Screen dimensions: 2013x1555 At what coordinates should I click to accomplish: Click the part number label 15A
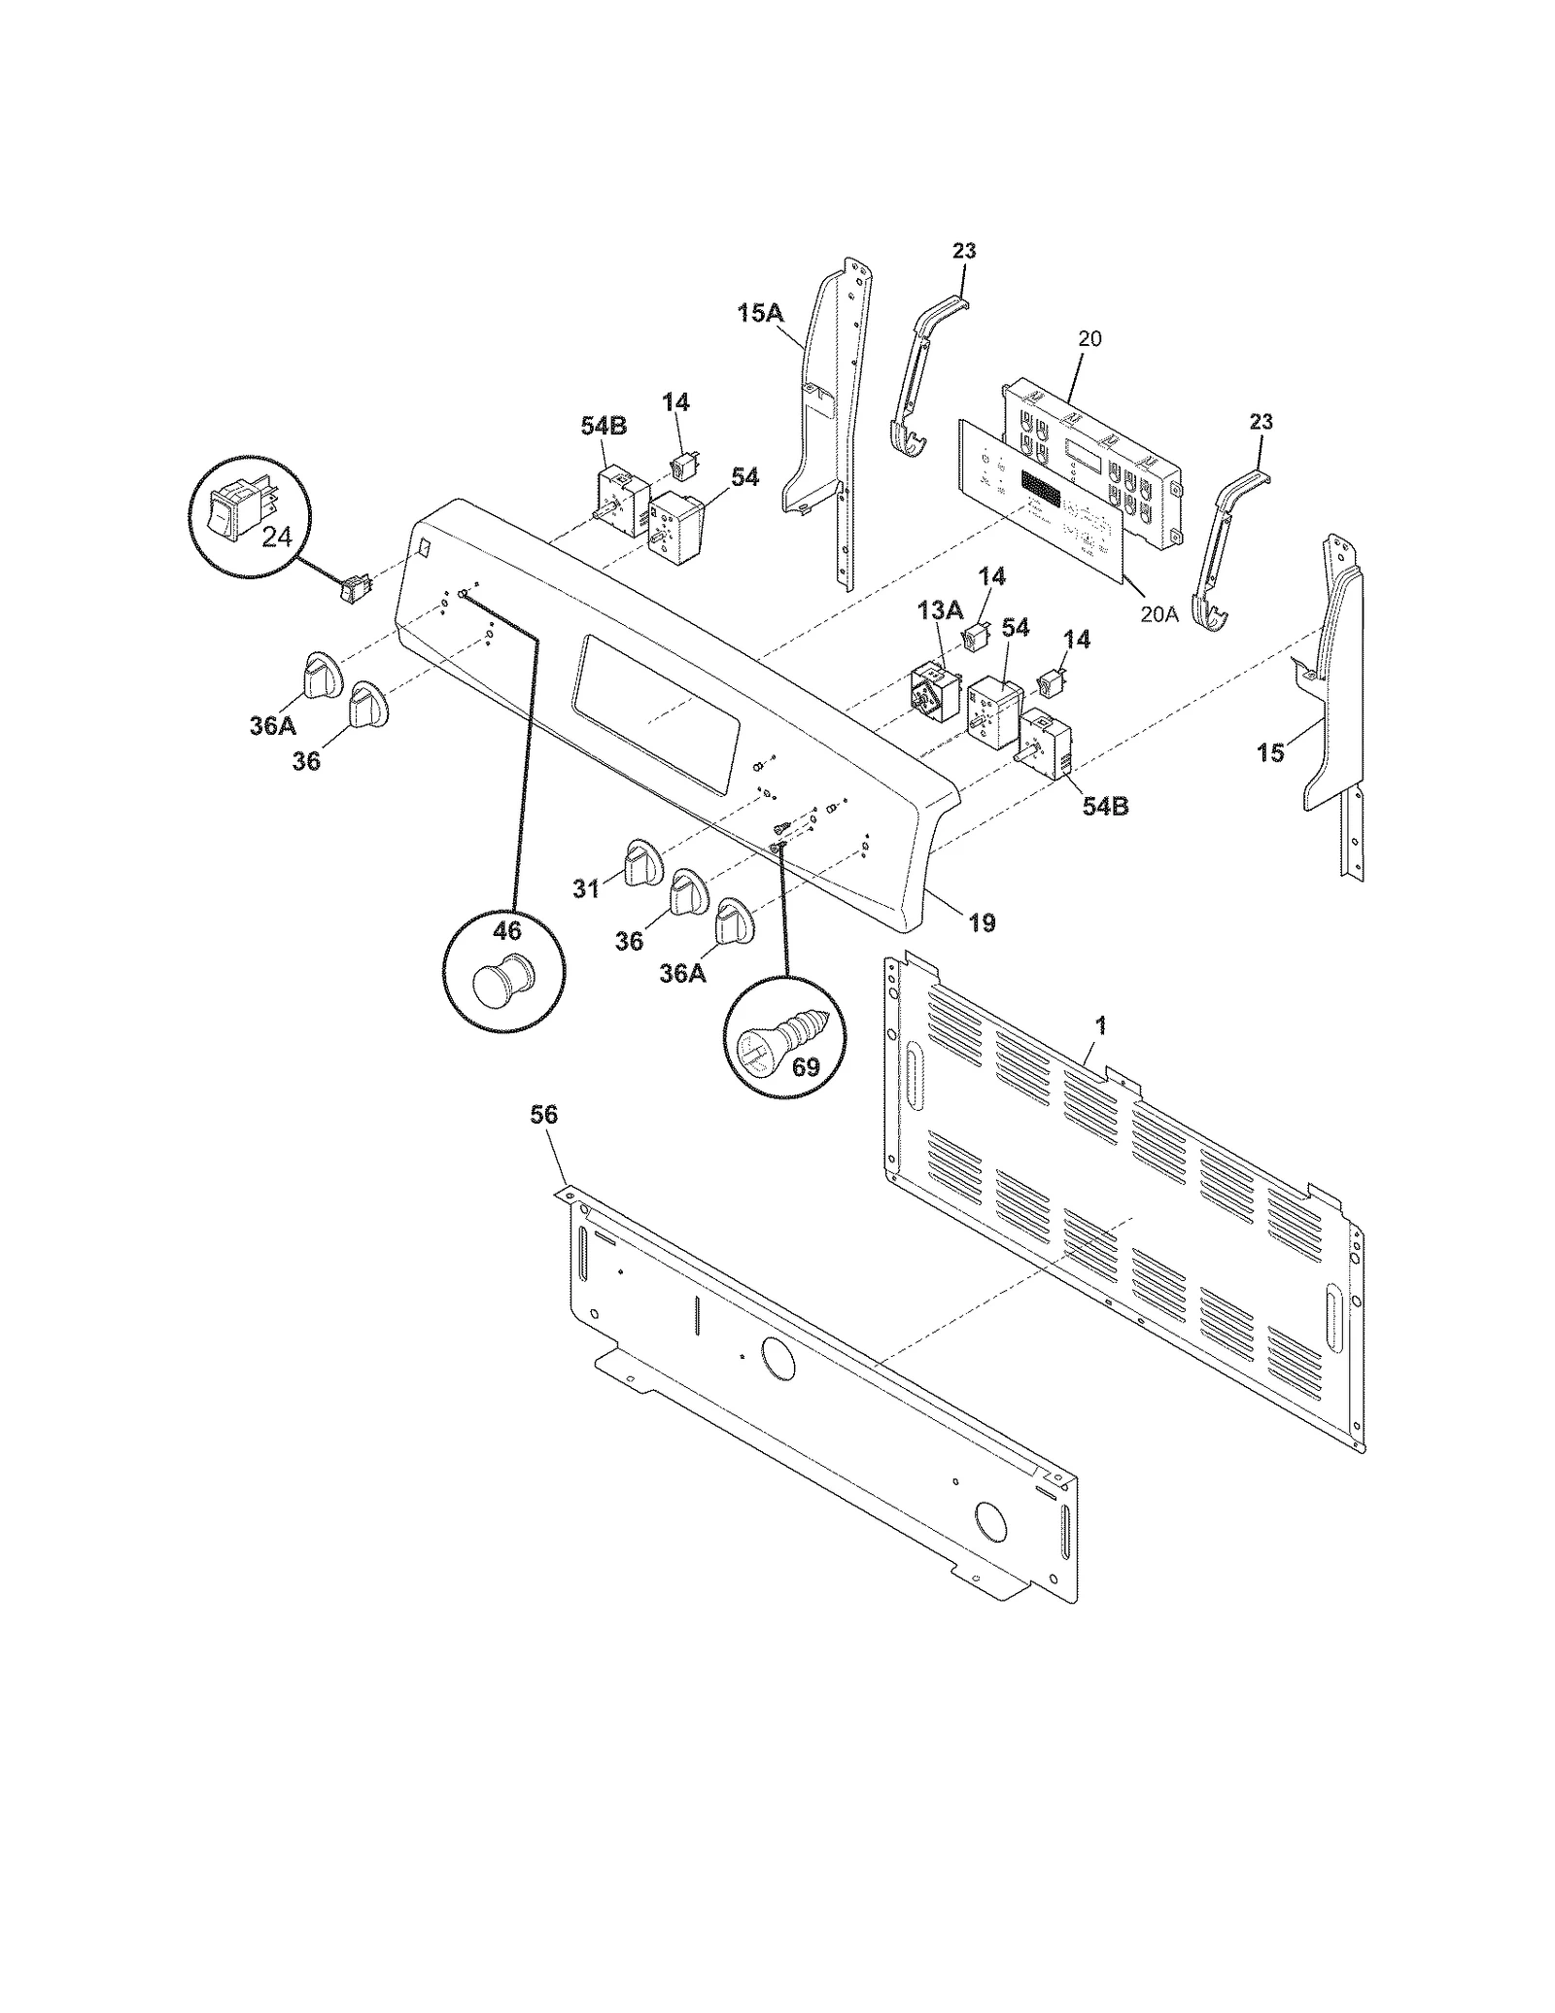pyautogui.click(x=759, y=314)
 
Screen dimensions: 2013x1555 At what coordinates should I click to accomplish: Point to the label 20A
pyautogui.click(x=1158, y=614)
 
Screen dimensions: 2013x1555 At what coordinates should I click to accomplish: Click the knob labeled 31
pyautogui.click(x=640, y=859)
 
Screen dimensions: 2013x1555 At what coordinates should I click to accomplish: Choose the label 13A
pyautogui.click(x=939, y=611)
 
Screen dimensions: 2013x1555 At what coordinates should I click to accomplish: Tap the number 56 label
pyautogui.click(x=544, y=1115)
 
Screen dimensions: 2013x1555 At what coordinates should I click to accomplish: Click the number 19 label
pyautogui.click(x=983, y=922)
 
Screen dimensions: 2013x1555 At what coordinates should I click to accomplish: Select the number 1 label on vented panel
pyautogui.click(x=1100, y=1024)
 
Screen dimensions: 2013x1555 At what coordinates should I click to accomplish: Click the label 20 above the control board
pyautogui.click(x=1089, y=339)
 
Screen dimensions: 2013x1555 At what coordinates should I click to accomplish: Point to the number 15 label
pyautogui.click(x=1270, y=752)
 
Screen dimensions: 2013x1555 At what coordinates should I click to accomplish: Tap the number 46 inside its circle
pyautogui.click(x=507, y=930)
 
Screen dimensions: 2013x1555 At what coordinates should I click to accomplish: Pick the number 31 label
pyautogui.click(x=585, y=888)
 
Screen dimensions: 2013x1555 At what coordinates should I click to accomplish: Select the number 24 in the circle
pyautogui.click(x=277, y=536)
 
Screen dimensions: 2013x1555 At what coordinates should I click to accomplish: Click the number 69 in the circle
pyautogui.click(x=806, y=1067)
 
